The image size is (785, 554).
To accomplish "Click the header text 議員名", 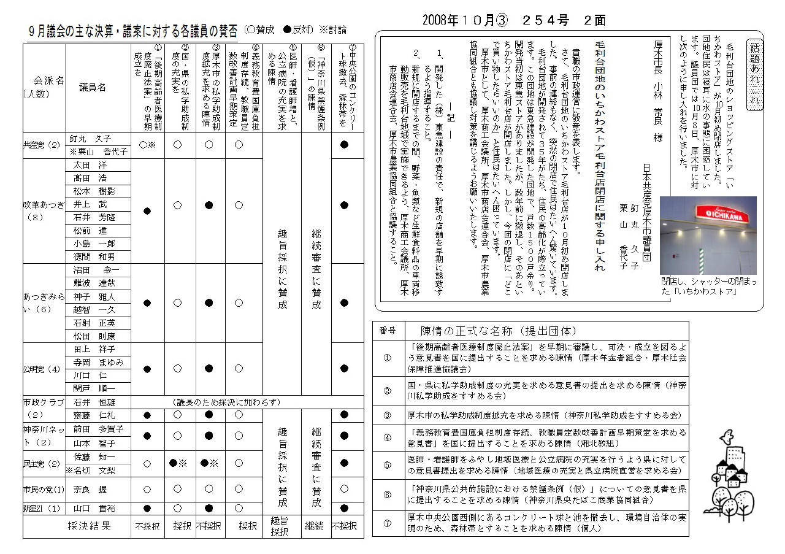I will [93, 88].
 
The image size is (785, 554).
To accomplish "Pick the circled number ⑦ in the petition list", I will [388, 523].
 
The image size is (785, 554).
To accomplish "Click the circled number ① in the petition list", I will [388, 358].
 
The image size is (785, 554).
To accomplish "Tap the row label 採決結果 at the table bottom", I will [89, 526].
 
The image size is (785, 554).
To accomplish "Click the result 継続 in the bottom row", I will [315, 526].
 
